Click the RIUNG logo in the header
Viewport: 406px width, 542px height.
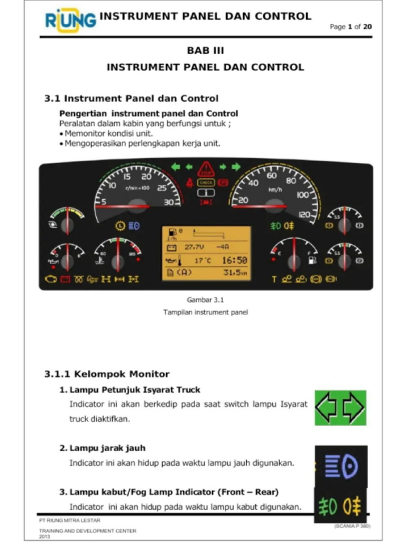(x=70, y=20)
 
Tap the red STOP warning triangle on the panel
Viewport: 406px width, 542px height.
(x=205, y=170)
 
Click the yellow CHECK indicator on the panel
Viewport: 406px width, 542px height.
(x=205, y=183)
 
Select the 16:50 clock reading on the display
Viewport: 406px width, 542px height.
(x=234, y=260)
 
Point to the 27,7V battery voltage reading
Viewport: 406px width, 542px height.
(x=193, y=247)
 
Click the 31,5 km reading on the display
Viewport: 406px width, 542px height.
(x=235, y=273)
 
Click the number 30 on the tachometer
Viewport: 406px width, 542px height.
(x=169, y=202)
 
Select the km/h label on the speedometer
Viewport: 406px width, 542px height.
(x=275, y=189)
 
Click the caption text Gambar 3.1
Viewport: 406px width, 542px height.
(x=205, y=300)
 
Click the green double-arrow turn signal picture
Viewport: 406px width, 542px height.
(x=340, y=408)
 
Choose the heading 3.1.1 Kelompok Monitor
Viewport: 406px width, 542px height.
(x=106, y=374)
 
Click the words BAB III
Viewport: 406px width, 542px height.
(x=205, y=51)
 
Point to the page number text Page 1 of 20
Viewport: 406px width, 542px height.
(x=350, y=27)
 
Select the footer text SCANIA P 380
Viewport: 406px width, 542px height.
(x=353, y=527)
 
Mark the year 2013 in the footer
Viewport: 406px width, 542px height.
(x=44, y=536)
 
